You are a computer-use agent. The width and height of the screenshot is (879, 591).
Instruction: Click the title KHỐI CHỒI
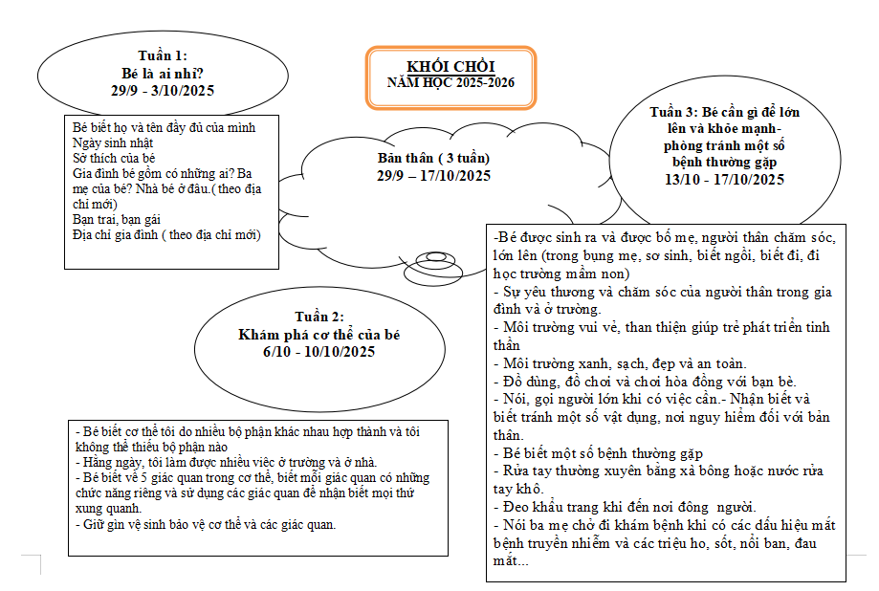click(450, 66)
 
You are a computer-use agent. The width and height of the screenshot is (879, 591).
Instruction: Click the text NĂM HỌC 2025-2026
click(450, 83)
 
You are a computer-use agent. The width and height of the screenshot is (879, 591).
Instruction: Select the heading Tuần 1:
click(163, 56)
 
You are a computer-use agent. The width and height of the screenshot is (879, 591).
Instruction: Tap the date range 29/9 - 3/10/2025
click(163, 91)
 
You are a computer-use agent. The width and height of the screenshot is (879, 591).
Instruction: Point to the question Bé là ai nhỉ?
click(163, 74)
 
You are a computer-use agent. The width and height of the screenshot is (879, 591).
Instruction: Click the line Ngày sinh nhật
click(114, 142)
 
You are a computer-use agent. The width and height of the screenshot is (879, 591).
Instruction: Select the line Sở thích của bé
click(114, 158)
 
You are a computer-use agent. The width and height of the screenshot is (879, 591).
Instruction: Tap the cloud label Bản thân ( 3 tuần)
click(432, 158)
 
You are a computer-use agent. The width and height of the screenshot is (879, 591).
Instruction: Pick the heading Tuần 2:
click(319, 317)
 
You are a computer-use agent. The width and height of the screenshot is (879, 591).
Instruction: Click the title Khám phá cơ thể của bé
click(319, 335)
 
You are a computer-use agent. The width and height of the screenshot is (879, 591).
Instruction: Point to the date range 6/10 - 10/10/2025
click(319, 352)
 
